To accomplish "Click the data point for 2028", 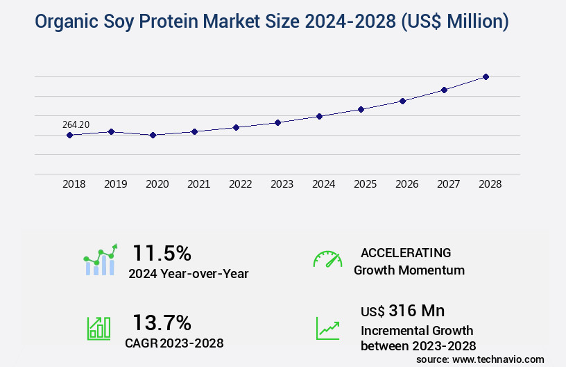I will tap(486, 76).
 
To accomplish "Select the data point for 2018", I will tap(69, 135).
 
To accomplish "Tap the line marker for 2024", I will tap(319, 116).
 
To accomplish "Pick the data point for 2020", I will tap(153, 135).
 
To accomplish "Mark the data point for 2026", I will tap(402, 101).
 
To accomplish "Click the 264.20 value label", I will tap(76, 124).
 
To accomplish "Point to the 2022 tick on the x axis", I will tap(240, 184).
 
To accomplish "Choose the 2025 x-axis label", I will tap(365, 184).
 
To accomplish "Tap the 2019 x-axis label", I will tap(115, 184).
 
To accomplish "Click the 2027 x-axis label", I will tap(448, 184).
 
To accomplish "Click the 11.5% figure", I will tap(162, 252).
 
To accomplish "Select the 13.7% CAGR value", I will tap(162, 323).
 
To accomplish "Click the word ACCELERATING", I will tap(406, 253).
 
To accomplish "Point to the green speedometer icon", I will tap(327, 259).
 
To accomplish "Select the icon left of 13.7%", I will tap(98, 328).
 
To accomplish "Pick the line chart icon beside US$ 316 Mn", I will tap(327, 328).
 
